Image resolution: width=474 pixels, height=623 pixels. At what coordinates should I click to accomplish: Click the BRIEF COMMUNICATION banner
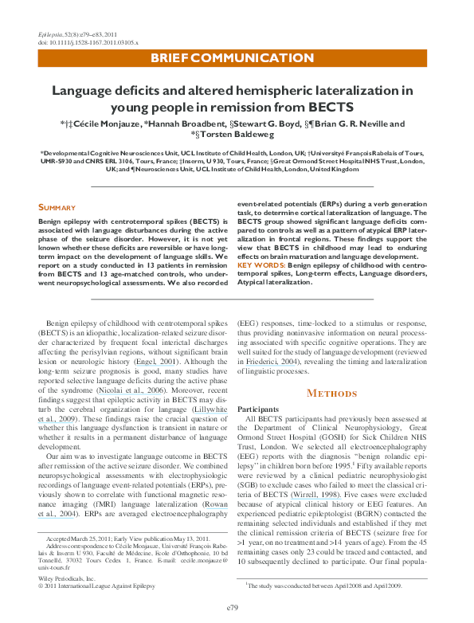tap(232, 57)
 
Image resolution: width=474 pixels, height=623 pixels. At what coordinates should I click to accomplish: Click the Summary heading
tap(57, 208)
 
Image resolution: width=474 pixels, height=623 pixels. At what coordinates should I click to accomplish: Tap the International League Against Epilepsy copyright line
tap(94, 587)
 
